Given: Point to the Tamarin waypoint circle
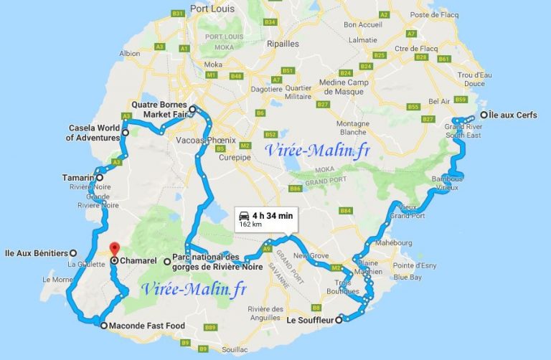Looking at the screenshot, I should [100, 178].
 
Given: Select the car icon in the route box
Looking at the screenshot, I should [243, 214].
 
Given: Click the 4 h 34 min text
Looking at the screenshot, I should [272, 214].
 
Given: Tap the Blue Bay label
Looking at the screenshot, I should [407, 276].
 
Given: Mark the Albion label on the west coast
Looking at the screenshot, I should [130, 53].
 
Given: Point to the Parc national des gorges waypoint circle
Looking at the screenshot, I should [167, 262].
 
